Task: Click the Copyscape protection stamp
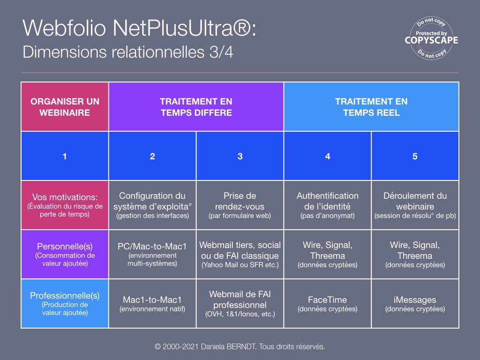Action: (431, 38)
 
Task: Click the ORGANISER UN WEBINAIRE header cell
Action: (65, 107)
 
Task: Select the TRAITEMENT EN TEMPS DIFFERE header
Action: (196, 107)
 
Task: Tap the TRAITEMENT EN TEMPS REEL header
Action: (371, 107)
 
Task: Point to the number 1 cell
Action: (65, 156)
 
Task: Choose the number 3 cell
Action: (240, 156)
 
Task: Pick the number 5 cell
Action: (415, 156)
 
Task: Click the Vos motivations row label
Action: (65, 205)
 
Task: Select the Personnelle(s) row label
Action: (65, 255)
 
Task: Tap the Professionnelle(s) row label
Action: (65, 304)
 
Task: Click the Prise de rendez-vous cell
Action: (240, 205)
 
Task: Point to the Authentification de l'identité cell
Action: (328, 205)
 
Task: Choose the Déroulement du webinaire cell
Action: (415, 205)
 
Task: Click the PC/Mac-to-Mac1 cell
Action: (152, 255)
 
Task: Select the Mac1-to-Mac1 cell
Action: (152, 304)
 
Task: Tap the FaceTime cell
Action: (328, 304)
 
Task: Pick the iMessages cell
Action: (415, 304)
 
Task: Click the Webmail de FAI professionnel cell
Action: (240, 304)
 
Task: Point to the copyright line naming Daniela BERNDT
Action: (240, 346)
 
